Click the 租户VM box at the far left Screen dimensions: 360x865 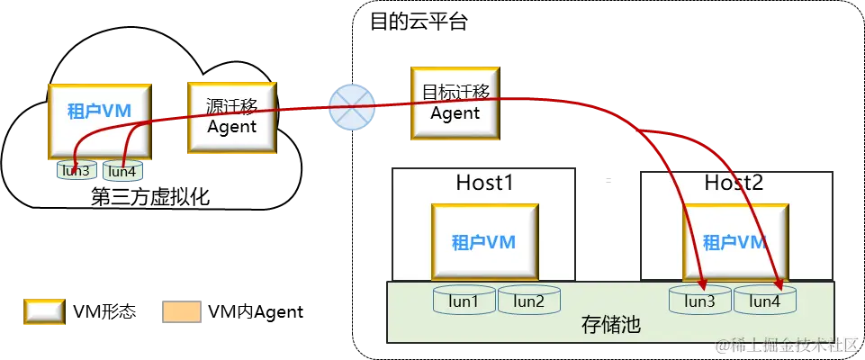click(x=99, y=119)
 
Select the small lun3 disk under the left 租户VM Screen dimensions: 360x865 click(x=76, y=169)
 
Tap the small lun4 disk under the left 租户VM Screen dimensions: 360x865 click(x=122, y=170)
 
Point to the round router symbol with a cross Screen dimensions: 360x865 click(x=349, y=107)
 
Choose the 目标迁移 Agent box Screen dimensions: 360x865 click(x=455, y=103)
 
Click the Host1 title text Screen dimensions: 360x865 click(x=484, y=184)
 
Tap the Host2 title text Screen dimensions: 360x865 click(x=735, y=184)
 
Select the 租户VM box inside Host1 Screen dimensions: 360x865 click(x=484, y=242)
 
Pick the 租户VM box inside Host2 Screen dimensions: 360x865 click(x=734, y=242)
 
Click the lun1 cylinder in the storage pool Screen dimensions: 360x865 click(x=464, y=301)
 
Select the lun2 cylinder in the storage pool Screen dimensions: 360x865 click(x=528, y=301)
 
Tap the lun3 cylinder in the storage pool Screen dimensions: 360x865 click(x=699, y=301)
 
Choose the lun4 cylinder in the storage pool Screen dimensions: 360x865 click(x=764, y=301)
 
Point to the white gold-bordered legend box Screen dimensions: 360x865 click(x=43, y=310)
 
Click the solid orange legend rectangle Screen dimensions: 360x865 click(x=180, y=310)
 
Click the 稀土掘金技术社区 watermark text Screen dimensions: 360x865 click(x=787, y=346)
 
